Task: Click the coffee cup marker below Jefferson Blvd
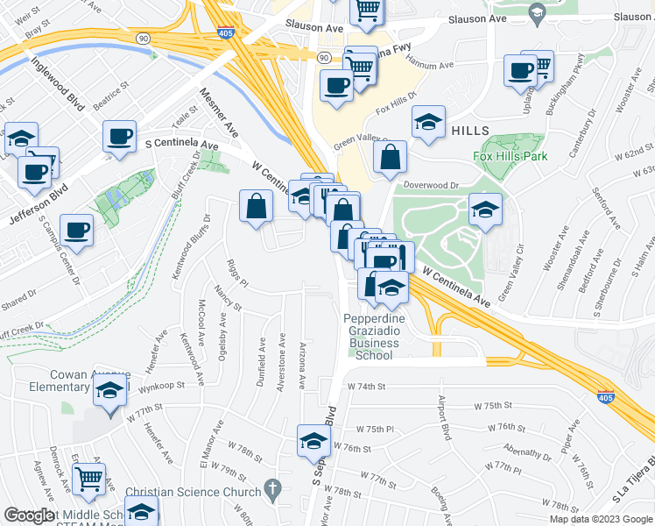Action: coord(77,228)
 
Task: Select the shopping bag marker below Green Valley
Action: coord(391,157)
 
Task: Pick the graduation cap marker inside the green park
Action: coord(485,209)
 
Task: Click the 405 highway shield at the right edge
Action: coord(605,397)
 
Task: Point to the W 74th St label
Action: coord(366,386)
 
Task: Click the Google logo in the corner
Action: coord(30,516)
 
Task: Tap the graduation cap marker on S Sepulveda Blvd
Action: coord(313,440)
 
